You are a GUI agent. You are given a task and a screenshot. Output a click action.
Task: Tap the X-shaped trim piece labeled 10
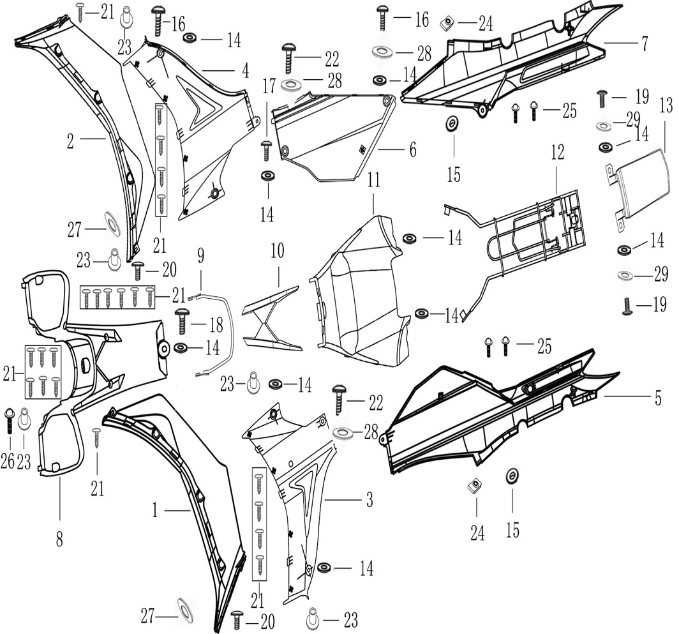tap(271, 319)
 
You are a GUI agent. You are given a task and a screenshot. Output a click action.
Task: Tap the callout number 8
tap(59, 540)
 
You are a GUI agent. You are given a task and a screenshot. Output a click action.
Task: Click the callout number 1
tap(154, 510)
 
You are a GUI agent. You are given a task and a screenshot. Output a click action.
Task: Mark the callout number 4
tap(244, 68)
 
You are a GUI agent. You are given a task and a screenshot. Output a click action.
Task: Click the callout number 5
tap(657, 396)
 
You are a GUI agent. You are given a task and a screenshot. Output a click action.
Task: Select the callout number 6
tap(412, 151)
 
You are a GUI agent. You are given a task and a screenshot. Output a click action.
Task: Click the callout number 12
tap(558, 152)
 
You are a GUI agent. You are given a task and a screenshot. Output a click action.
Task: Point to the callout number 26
tap(7, 462)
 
